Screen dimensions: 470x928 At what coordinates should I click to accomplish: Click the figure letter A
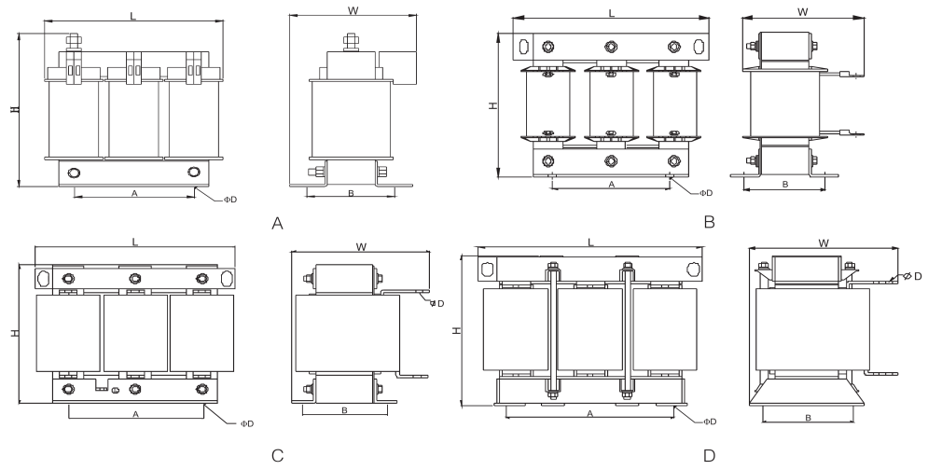(x=277, y=224)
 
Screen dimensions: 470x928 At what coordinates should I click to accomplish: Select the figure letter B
(x=709, y=223)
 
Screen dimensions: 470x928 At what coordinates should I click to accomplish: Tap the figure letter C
(x=277, y=455)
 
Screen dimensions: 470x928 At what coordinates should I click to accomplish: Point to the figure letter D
(x=709, y=455)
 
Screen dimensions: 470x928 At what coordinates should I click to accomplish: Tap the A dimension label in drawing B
(x=611, y=185)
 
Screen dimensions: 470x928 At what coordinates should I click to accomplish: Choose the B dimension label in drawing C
(x=344, y=410)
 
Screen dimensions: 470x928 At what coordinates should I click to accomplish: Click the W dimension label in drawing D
(x=824, y=242)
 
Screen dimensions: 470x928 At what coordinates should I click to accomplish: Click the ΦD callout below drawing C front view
(x=247, y=422)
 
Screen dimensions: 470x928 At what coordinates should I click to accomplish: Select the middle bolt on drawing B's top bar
(x=611, y=46)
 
